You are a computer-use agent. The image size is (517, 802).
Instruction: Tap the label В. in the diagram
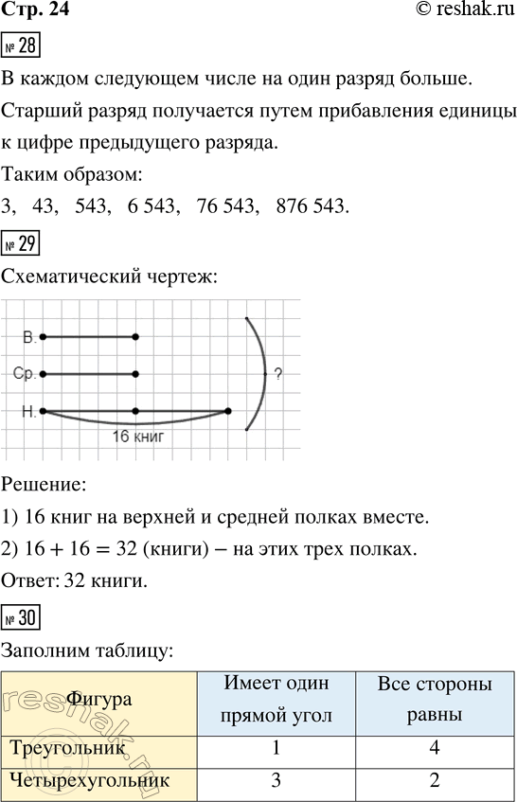pos(29,336)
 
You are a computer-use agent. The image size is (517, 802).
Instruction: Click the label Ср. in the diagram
pos(25,374)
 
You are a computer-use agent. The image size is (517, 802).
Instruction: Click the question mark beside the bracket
pos(278,374)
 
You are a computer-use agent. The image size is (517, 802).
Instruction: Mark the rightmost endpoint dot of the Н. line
pos(228,411)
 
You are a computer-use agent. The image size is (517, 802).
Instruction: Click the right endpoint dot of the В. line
pos(136,336)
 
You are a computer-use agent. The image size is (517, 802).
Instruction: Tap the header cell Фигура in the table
pos(98,701)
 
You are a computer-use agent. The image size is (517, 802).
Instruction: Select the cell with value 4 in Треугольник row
pos(434,748)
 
